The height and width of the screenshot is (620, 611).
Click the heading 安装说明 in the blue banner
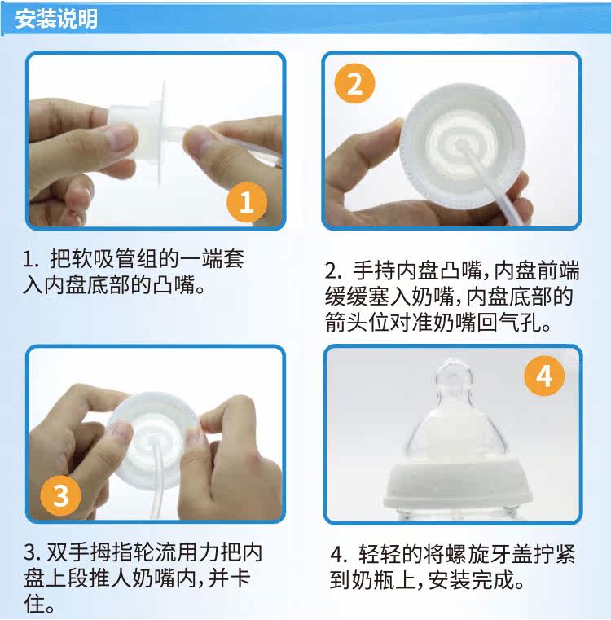[x=56, y=19]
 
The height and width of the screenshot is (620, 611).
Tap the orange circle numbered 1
[x=247, y=202]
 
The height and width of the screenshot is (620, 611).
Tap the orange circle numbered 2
[x=354, y=83]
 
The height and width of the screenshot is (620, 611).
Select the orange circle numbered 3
[x=60, y=495]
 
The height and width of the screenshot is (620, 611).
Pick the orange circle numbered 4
[x=543, y=376]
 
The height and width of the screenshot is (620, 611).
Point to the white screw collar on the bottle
[x=457, y=483]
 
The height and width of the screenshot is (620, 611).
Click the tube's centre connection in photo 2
[x=462, y=144]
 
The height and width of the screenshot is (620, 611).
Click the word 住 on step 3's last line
[x=34, y=604]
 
